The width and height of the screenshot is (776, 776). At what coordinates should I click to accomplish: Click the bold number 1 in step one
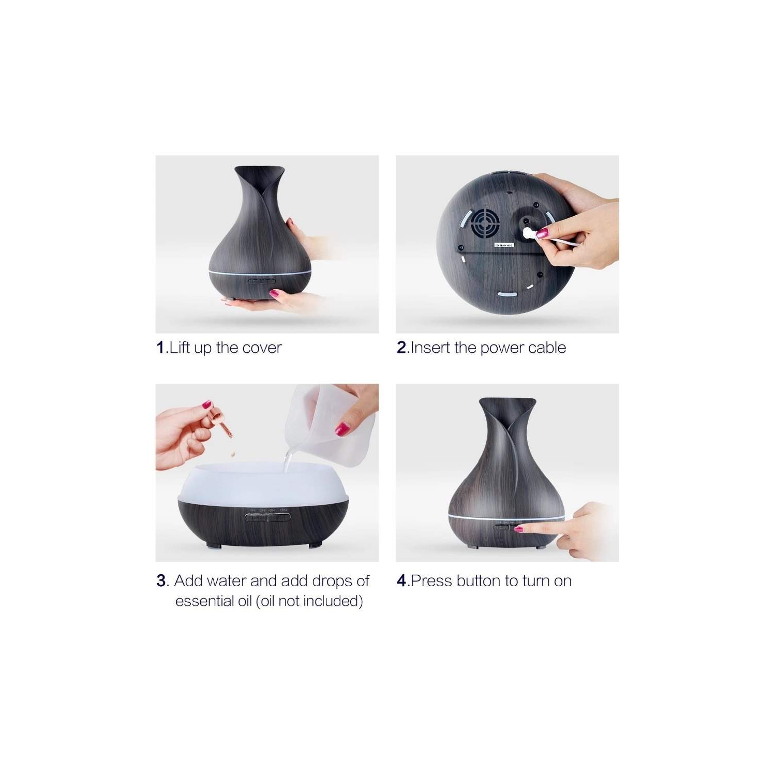tap(160, 348)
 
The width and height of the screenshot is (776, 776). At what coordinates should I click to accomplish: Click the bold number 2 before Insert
tap(402, 348)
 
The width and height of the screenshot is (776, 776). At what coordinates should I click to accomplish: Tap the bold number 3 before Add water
tap(161, 581)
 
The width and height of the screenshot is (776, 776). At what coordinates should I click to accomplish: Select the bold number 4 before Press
tap(402, 581)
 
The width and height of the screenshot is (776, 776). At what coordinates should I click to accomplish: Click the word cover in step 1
tap(262, 348)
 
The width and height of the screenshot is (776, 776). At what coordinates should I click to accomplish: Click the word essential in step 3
tap(213, 601)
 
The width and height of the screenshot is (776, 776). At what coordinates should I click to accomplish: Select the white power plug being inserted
tap(529, 234)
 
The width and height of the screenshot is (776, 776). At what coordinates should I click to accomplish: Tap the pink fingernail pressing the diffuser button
tap(518, 529)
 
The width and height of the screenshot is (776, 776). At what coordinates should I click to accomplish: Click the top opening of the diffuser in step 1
tap(259, 170)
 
